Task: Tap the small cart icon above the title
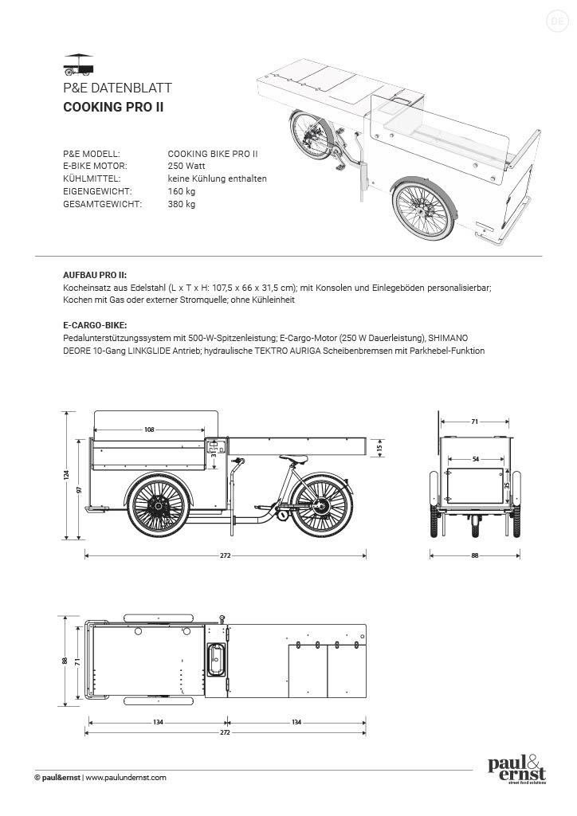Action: coord(78,62)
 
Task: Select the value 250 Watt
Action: coord(186,166)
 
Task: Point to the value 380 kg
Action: coord(181,204)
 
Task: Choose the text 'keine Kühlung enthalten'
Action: coord(217,178)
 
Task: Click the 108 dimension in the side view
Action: coord(149,430)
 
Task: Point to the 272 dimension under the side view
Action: coord(226,555)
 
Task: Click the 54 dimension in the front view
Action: coord(476,460)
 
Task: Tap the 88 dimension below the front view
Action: coord(475,555)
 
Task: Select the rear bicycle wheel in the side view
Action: coord(322,504)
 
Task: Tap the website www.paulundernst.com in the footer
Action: coord(125,777)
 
